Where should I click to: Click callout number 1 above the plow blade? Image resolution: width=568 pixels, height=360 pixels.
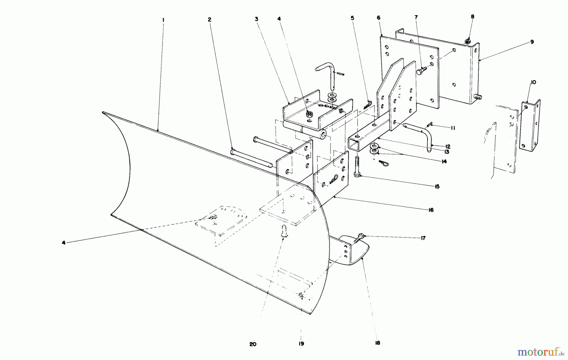pos(163,20)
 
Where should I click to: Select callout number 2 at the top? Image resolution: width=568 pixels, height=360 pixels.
pos(209,20)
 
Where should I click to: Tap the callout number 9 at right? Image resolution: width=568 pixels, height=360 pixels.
pos(532,42)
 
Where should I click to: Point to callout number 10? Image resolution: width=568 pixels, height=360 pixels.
pos(533,82)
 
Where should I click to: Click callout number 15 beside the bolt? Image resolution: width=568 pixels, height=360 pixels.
pos(437,187)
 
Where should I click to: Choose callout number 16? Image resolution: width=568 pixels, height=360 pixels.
pos(431,210)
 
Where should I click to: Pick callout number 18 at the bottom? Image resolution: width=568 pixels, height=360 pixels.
pos(378,343)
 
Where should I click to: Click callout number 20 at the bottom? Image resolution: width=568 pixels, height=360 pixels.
pos(253,344)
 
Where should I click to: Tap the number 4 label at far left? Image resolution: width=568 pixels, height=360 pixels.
pos(63,243)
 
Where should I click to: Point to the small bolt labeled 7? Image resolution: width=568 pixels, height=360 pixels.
pos(422,70)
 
